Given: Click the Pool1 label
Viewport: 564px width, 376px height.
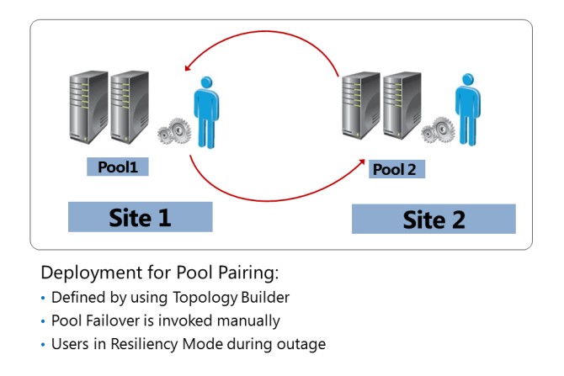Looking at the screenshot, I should (118, 167).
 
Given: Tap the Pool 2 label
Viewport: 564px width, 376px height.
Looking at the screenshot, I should (395, 169).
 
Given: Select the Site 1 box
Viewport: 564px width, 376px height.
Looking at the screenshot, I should (140, 217).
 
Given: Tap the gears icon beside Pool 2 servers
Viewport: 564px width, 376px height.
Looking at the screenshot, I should (438, 129).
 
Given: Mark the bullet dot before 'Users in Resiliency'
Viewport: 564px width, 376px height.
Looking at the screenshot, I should (44, 344).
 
